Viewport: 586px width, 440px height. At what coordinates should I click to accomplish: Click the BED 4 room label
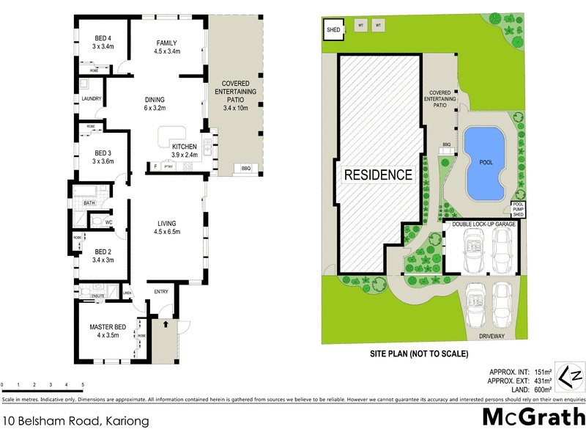coord(103,39)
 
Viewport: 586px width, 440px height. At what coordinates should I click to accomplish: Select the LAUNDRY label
coord(92,99)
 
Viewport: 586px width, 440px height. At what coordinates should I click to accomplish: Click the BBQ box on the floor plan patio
coord(245,169)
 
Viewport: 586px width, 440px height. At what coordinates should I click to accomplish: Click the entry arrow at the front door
coord(166,323)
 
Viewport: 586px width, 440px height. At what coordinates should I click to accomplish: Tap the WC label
coord(108,221)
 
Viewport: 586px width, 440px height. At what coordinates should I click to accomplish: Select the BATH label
coord(89,202)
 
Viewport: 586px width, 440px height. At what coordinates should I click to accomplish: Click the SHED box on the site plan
coord(334,30)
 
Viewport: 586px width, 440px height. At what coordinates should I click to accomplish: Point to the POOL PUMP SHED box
coord(519,208)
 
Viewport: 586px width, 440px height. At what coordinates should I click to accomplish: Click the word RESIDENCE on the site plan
coord(379,175)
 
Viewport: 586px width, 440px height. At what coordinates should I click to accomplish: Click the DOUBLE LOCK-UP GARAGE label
coord(484,224)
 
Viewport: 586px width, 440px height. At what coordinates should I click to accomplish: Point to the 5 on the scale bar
coord(83,385)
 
